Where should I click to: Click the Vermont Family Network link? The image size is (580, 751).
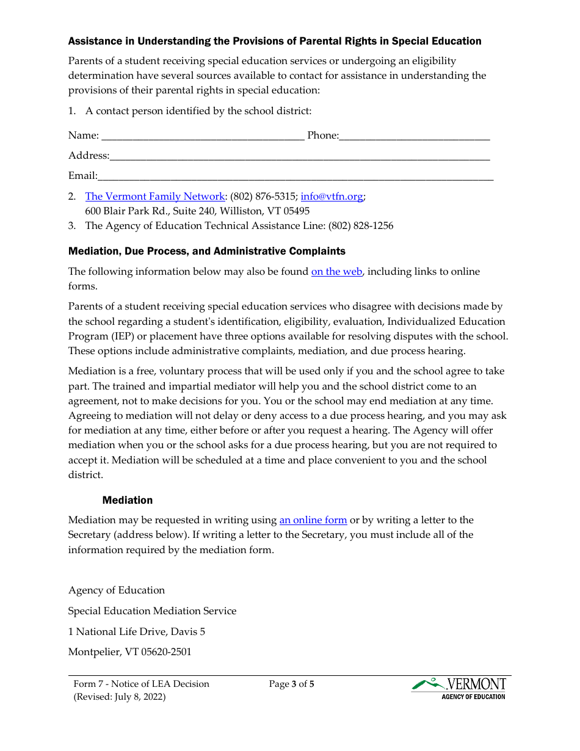click(x=155, y=197)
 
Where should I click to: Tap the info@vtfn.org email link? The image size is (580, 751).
click(x=332, y=197)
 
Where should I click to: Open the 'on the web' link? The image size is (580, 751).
click(x=336, y=272)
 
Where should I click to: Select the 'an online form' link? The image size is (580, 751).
click(x=313, y=520)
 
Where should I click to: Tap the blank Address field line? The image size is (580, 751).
click(x=300, y=156)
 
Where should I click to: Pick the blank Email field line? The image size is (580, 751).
click(x=295, y=176)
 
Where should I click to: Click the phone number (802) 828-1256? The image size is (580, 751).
click(x=361, y=226)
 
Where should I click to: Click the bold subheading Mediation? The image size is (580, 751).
click(x=128, y=501)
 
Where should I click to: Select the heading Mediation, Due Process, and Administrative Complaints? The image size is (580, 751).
click(x=206, y=252)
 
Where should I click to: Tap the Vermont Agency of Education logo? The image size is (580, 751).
click(x=459, y=689)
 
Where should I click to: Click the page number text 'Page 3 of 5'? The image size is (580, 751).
click(x=291, y=684)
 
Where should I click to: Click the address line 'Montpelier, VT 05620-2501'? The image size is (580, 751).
click(x=129, y=652)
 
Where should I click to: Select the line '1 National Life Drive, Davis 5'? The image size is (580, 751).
click(x=136, y=632)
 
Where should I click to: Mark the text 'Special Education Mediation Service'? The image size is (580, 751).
click(x=152, y=611)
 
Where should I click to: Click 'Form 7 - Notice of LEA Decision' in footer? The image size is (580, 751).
click(x=141, y=684)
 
